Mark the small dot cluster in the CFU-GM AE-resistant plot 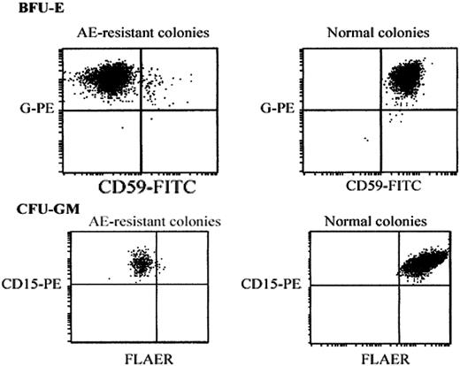point(140,262)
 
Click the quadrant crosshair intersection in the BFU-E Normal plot point(380,110)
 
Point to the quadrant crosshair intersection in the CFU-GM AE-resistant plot point(157,284)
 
